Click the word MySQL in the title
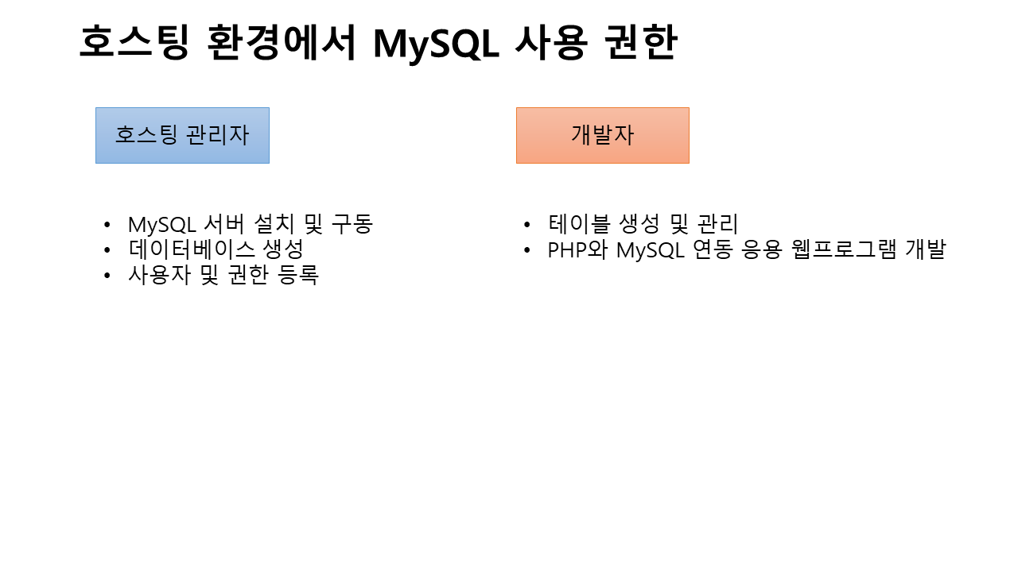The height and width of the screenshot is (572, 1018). point(437,44)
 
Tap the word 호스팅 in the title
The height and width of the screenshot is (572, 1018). point(134,42)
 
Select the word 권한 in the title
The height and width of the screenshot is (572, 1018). point(641,42)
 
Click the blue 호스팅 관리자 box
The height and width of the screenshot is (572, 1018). point(182,135)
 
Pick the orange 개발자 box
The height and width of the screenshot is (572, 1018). point(603,135)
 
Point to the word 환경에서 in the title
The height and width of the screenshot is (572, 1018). point(282,42)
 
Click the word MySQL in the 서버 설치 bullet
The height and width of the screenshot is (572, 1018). point(162,224)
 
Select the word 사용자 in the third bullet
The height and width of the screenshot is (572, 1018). point(159,275)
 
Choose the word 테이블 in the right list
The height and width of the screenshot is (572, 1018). point(578,223)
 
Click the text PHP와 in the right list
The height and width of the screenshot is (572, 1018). point(577,249)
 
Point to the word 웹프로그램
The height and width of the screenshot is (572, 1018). point(844,249)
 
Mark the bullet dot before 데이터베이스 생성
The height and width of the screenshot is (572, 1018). point(107,249)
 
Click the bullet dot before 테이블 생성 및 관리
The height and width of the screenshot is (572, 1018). point(527,224)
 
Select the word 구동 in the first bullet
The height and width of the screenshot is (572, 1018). point(352,224)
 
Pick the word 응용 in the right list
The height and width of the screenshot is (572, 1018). point(762,249)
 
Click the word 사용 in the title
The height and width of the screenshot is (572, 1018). point(552,42)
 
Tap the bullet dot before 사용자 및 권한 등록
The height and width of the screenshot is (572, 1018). point(107,275)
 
